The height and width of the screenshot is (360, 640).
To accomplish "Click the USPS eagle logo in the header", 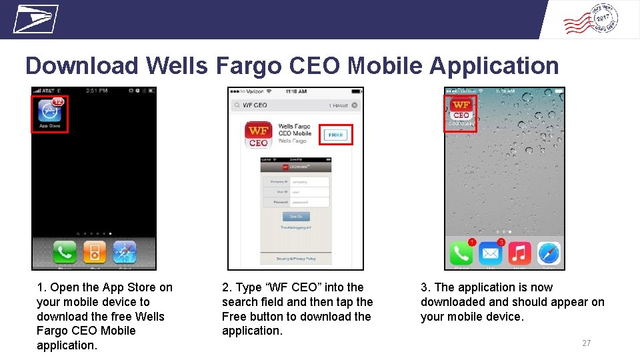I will (x=36, y=19).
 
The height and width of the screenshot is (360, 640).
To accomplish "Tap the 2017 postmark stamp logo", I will (x=591, y=19).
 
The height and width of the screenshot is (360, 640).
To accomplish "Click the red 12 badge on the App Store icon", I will (x=58, y=101).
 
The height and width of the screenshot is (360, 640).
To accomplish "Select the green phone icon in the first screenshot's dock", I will (x=65, y=253).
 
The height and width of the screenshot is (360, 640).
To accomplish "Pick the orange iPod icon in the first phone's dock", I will (x=95, y=253).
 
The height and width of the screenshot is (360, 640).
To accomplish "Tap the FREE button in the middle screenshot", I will (x=335, y=135).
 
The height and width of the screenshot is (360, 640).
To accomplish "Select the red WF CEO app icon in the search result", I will (x=258, y=134).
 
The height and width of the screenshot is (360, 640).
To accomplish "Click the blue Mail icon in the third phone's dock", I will (x=491, y=254).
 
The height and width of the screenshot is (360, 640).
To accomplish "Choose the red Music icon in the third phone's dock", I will (x=520, y=254).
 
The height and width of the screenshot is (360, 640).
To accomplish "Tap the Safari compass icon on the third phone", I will (x=549, y=254).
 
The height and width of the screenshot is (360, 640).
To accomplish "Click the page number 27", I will (x=586, y=343).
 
